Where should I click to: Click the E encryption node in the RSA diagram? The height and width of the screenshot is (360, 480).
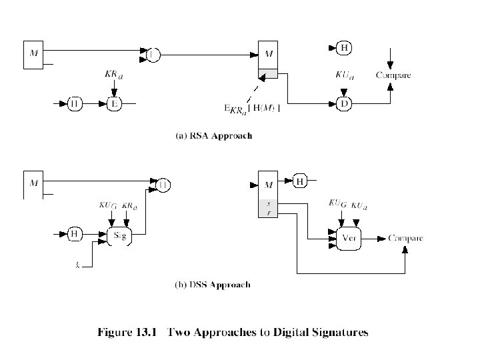[115, 103]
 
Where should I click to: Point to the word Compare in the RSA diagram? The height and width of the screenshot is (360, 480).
[393, 75]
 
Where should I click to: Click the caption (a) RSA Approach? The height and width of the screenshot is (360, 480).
[213, 136]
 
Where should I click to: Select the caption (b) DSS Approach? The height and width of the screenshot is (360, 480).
[213, 285]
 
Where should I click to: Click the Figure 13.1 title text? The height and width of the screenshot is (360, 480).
[233, 331]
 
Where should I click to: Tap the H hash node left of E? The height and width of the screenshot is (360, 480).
[76, 103]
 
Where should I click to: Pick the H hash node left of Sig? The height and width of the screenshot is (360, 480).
[75, 233]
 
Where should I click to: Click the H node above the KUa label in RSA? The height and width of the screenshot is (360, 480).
[344, 47]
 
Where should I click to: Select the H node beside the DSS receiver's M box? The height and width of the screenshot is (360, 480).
[301, 181]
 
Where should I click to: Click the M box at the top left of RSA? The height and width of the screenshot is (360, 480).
[35, 55]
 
